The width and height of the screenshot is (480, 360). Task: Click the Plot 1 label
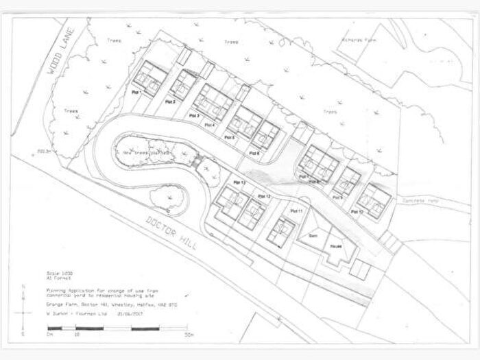136,92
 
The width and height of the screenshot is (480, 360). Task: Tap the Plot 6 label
254,153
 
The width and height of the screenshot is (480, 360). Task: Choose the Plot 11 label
297,211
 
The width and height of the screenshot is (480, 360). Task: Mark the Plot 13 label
239,182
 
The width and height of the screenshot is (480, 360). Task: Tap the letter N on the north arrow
24,287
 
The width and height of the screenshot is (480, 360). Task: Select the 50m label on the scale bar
189,335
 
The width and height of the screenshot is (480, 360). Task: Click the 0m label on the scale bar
50,335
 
